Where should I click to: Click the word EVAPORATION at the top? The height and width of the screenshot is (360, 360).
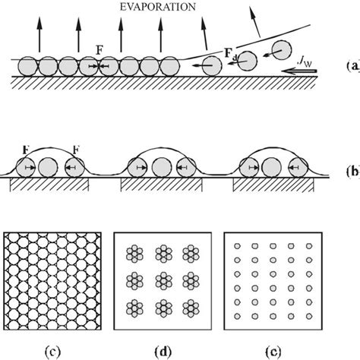click(x=159, y=7)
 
